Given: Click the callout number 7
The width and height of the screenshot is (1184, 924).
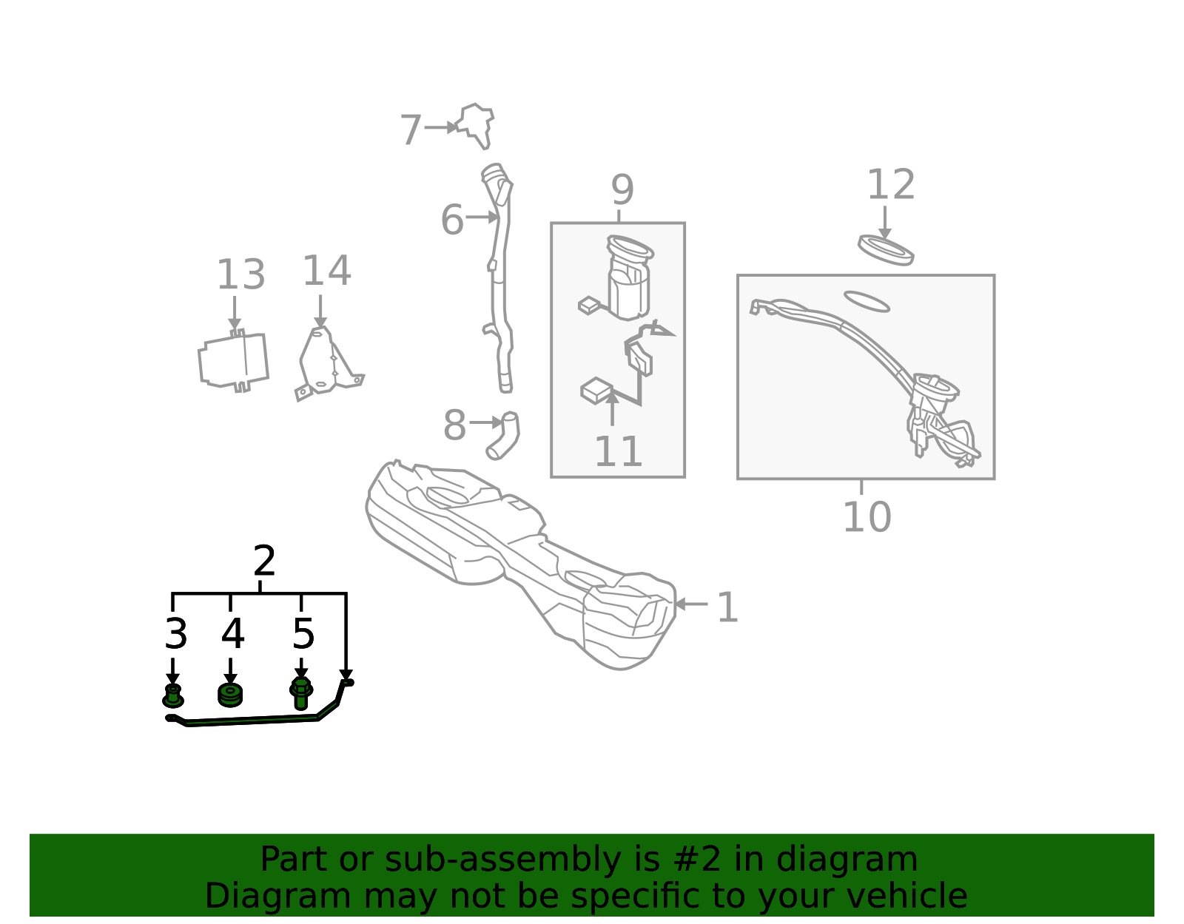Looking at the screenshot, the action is pos(411,129).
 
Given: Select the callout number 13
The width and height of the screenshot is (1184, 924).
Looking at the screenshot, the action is pos(240,274).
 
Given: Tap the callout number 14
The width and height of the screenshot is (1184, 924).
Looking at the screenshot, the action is pos(326,271).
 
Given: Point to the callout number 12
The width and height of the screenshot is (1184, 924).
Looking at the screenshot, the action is pos(891,185).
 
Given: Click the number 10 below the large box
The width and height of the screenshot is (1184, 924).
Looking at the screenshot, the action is pos(867,516).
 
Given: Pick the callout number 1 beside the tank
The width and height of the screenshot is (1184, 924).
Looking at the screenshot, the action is pos(728,607).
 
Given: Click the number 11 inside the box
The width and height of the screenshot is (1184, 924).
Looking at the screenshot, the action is pos(618,451).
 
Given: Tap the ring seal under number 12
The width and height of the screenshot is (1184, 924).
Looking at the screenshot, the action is pos(886,251).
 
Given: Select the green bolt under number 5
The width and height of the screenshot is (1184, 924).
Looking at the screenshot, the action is pos(301,693).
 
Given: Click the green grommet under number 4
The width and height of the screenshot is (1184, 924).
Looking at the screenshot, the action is pos(230,696).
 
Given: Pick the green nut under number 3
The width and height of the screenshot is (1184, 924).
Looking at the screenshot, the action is pos(172,696).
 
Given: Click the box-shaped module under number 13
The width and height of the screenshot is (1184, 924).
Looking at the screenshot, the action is pos(233,360).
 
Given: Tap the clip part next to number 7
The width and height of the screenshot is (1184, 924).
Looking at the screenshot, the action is pos(475,125).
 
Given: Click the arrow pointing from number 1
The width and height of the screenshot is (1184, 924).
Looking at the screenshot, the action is pos(691,604).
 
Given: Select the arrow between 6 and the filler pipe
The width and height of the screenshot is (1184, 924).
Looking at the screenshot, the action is pos(482,217).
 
